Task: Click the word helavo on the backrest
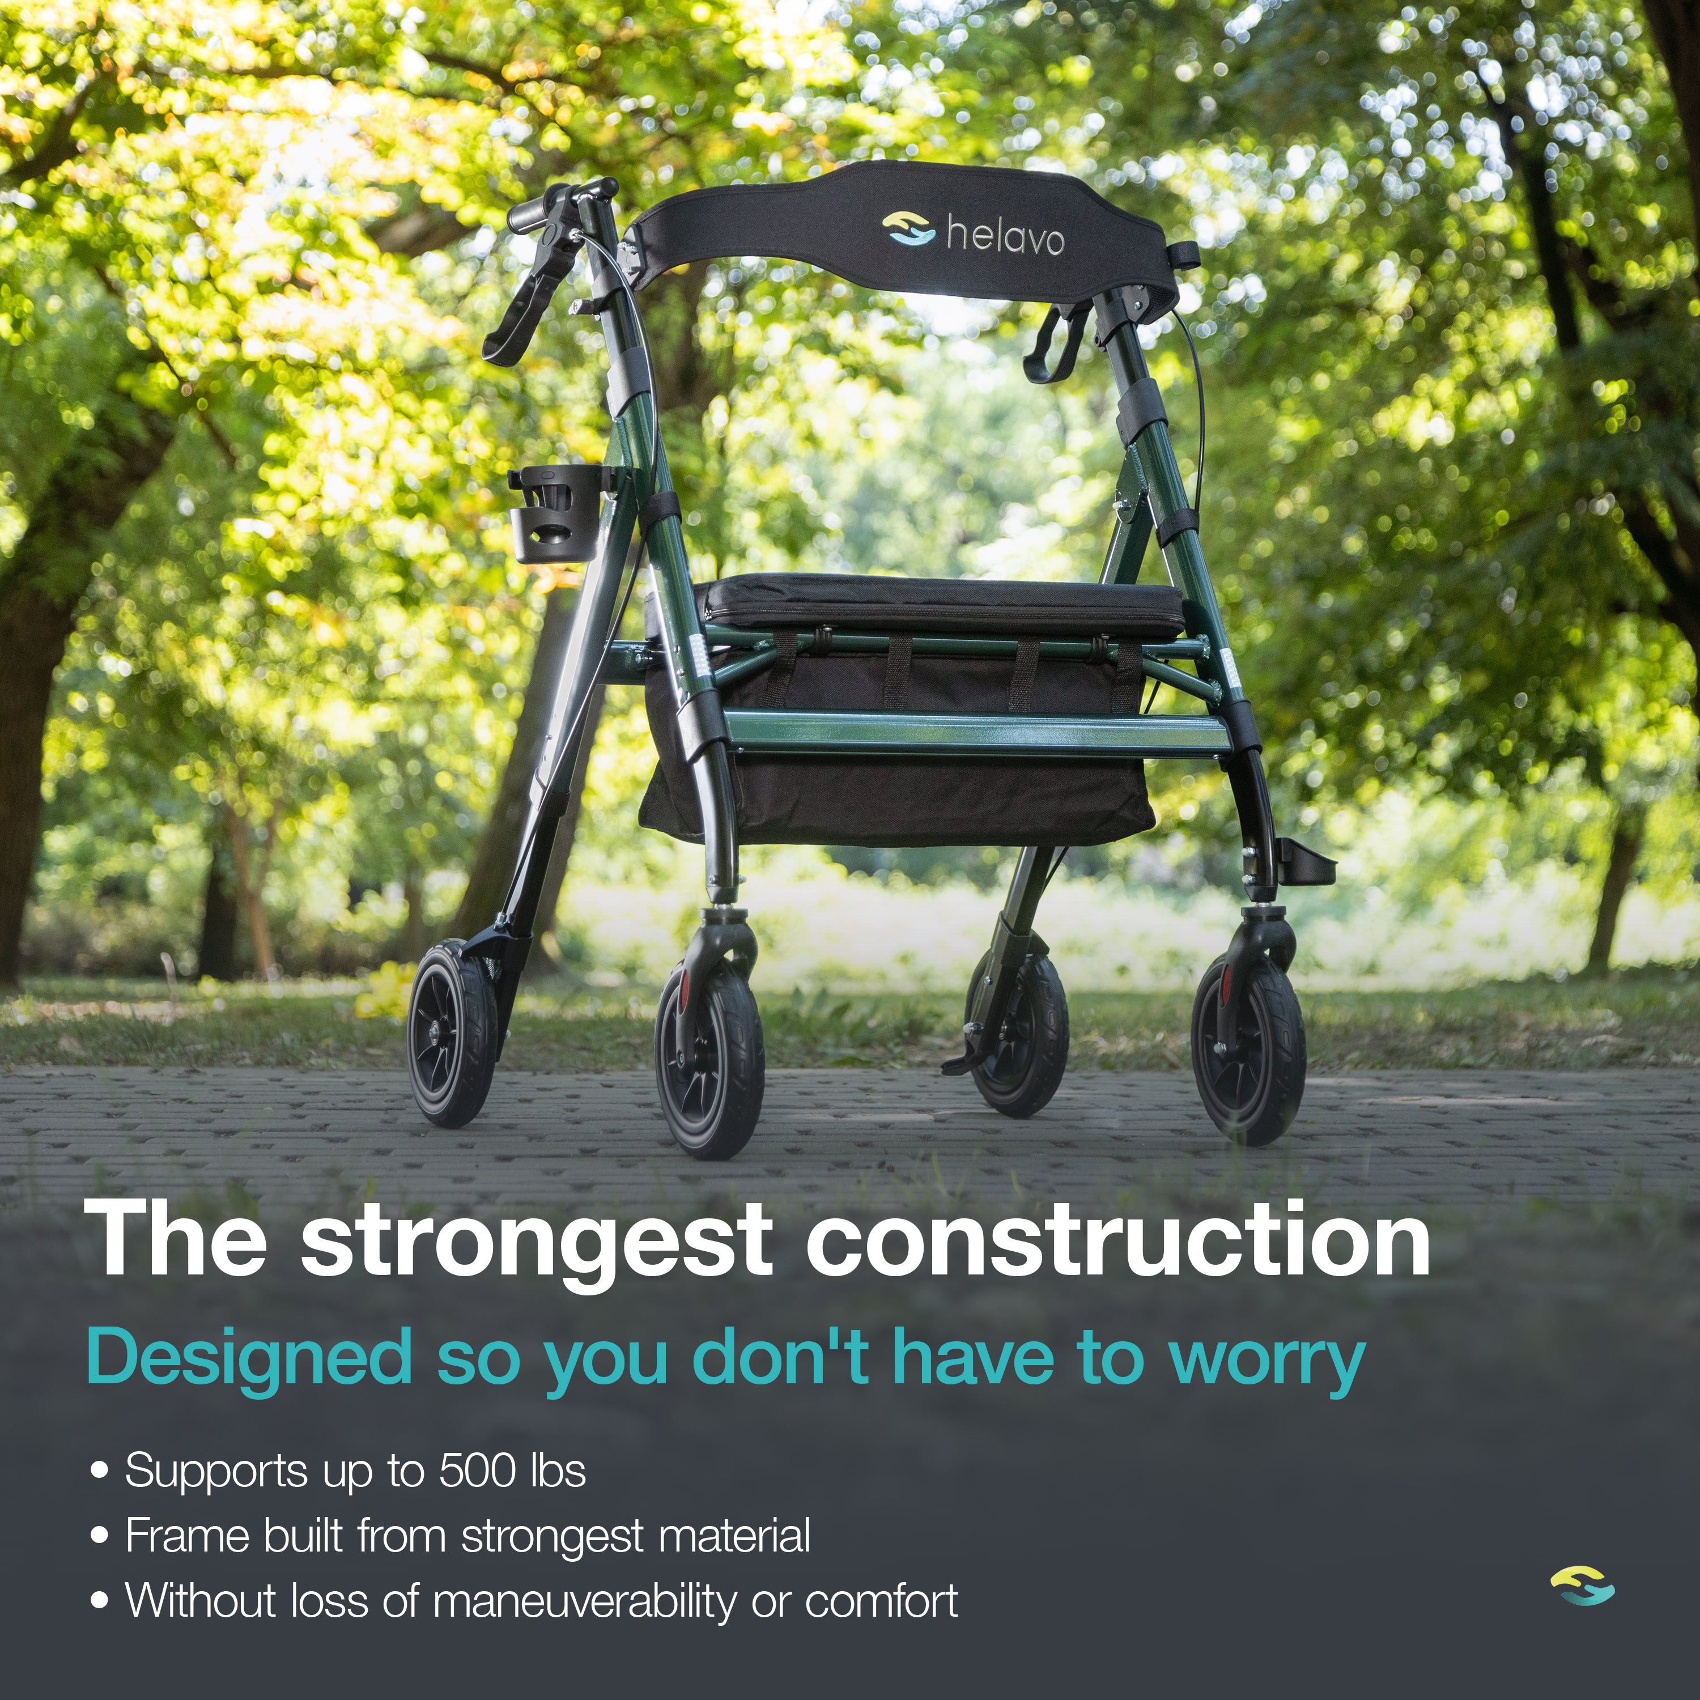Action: [1005, 237]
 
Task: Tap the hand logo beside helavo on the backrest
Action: [908, 229]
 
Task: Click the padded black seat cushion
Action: [941, 605]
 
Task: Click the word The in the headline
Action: [176, 1240]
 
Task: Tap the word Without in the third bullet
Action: [202, 1601]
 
